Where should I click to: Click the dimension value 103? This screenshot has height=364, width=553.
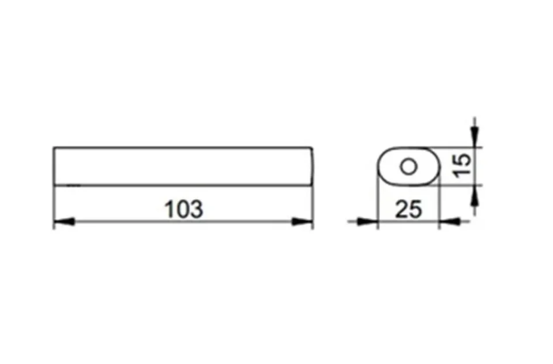184,209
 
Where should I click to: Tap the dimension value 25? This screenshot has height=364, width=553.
409,209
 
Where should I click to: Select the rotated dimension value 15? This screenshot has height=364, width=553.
462,166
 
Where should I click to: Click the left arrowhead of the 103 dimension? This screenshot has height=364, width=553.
64,222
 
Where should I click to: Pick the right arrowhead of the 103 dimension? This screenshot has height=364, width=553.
302,222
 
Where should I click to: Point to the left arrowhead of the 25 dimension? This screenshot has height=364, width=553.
367,222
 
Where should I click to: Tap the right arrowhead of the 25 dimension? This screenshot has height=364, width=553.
450,222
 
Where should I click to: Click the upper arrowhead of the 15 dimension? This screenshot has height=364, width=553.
475,137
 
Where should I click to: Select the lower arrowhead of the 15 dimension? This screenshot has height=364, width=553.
475,195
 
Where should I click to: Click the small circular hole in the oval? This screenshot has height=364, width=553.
409,166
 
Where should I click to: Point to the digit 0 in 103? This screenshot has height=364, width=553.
184,209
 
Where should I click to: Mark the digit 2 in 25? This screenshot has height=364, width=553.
401,209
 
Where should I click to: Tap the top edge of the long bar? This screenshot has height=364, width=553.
183,148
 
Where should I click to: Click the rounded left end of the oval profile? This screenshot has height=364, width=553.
378,166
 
